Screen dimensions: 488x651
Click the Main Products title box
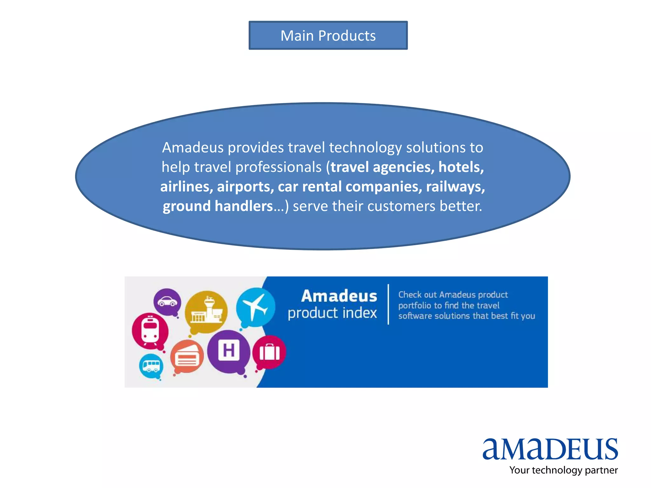pos(328,35)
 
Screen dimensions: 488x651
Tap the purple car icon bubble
pos(167,302)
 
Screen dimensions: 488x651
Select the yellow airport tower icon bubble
pos(206,312)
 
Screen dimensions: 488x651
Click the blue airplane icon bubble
pos(256,307)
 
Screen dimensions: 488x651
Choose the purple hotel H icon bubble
pos(229,351)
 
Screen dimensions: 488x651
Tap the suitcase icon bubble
pos(269,352)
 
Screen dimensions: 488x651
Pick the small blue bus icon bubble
pos(151,366)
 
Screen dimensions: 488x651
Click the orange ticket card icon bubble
pos(187,357)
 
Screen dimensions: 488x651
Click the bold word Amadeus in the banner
pos(339,296)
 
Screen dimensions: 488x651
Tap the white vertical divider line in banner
pos(388,304)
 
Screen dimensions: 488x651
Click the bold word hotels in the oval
pos(461,167)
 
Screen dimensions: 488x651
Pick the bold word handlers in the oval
pos(244,206)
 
